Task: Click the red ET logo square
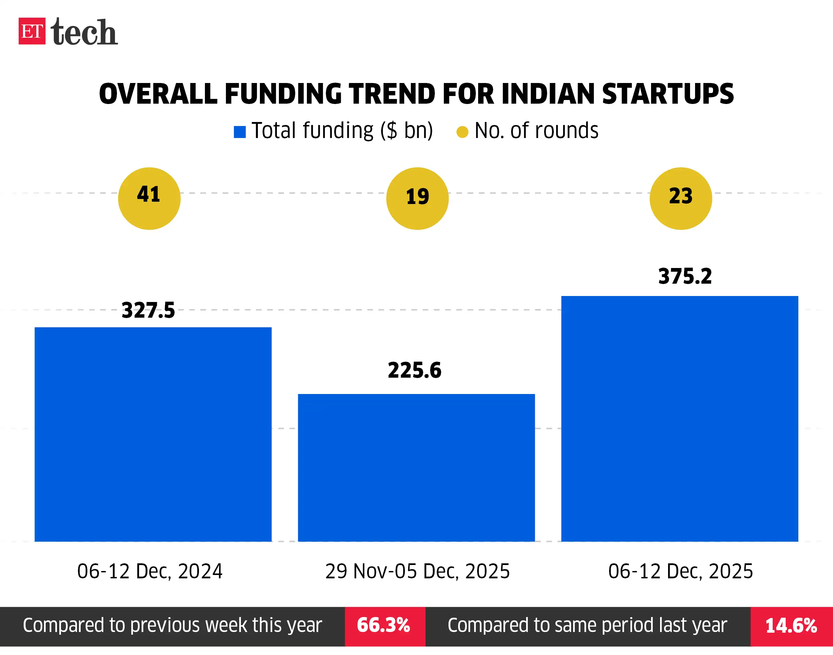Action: (32, 31)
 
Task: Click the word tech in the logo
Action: (84, 32)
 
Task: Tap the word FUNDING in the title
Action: (283, 94)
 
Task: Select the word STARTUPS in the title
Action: (667, 94)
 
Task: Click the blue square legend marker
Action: (240, 132)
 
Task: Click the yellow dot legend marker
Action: (462, 132)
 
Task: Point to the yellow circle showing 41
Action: (149, 198)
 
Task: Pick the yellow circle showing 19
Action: (417, 198)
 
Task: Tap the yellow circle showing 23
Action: (680, 198)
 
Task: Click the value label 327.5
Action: (148, 310)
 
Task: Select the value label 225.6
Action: (415, 370)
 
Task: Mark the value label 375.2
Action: (685, 276)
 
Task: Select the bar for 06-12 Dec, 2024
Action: (153, 434)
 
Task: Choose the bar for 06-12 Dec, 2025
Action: (680, 418)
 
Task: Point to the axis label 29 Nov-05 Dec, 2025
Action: (417, 571)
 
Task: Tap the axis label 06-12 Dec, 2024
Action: (150, 571)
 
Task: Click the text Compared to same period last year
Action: (587, 625)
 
